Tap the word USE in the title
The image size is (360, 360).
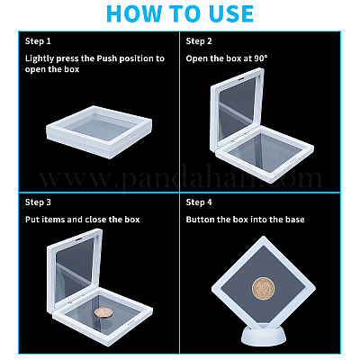click(x=229, y=13)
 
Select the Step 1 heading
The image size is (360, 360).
click(x=38, y=41)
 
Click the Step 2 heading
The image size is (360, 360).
click(x=199, y=41)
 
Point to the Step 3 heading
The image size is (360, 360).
click(x=38, y=202)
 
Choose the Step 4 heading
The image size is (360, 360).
click(x=199, y=202)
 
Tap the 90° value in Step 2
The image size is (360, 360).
click(x=261, y=58)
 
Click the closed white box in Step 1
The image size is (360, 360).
click(x=99, y=131)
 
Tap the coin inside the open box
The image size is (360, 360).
click(x=104, y=313)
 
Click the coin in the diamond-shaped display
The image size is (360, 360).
click(x=263, y=288)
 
